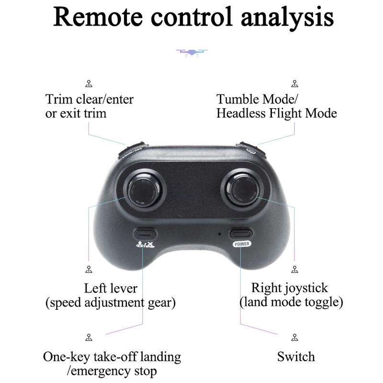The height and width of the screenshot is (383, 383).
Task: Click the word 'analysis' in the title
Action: click(282, 17)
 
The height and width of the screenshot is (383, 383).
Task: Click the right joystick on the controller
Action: click(243, 188)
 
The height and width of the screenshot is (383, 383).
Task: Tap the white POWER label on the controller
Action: click(242, 244)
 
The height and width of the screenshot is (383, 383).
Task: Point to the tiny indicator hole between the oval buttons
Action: click(219, 234)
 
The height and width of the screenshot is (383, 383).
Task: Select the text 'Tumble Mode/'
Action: click(257, 100)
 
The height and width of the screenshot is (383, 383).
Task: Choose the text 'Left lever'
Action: click(111, 289)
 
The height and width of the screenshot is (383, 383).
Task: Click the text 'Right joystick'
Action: click(290, 288)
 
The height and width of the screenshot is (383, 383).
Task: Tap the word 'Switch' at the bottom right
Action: click(296, 357)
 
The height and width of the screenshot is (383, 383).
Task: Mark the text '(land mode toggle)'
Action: click(291, 303)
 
